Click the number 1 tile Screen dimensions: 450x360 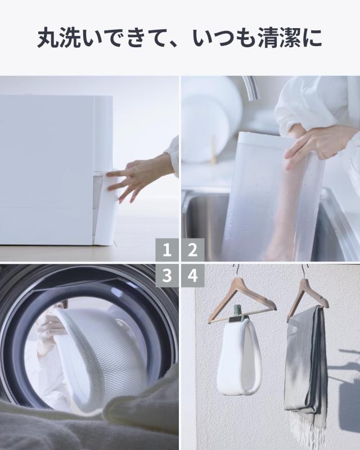pyautogui.click(x=167, y=250)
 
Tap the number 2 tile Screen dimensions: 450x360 pyautogui.click(x=192, y=250)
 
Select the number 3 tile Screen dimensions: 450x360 pyautogui.click(x=167, y=276)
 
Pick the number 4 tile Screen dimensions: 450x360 pyautogui.click(x=192, y=276)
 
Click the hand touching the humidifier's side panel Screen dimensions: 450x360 pyautogui.click(x=135, y=177)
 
